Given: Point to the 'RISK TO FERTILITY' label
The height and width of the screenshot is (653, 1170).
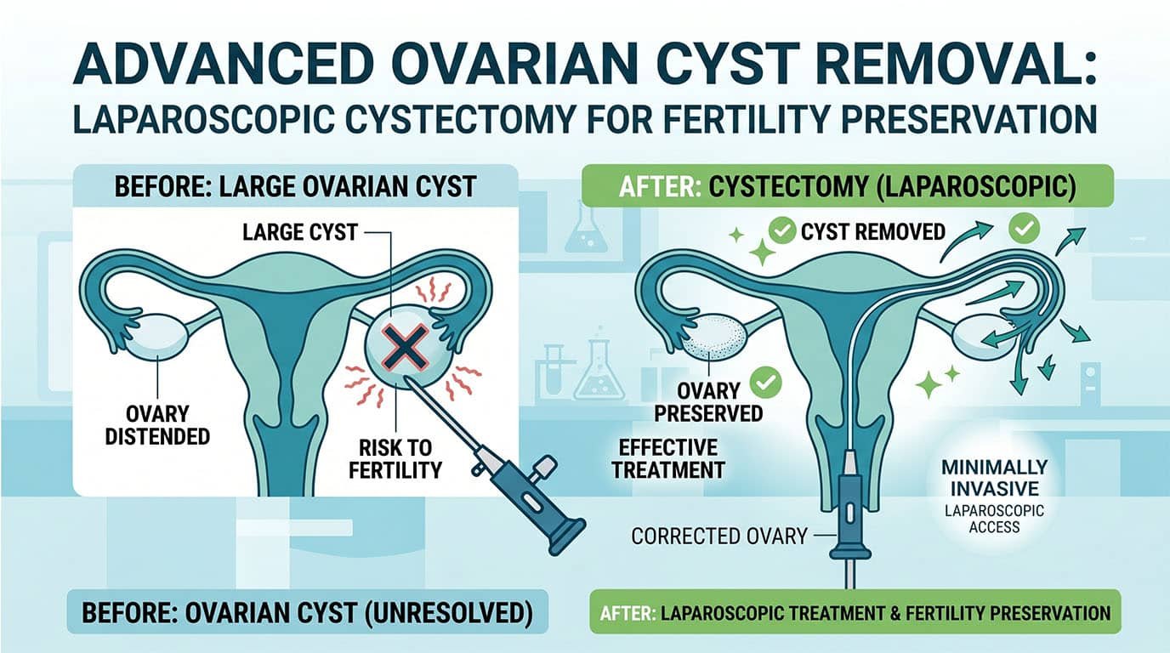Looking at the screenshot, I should [x=396, y=457].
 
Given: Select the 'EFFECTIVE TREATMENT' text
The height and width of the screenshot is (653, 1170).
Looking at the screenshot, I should [x=667, y=457].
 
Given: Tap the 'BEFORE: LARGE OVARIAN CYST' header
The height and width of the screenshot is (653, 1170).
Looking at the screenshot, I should [x=292, y=185].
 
